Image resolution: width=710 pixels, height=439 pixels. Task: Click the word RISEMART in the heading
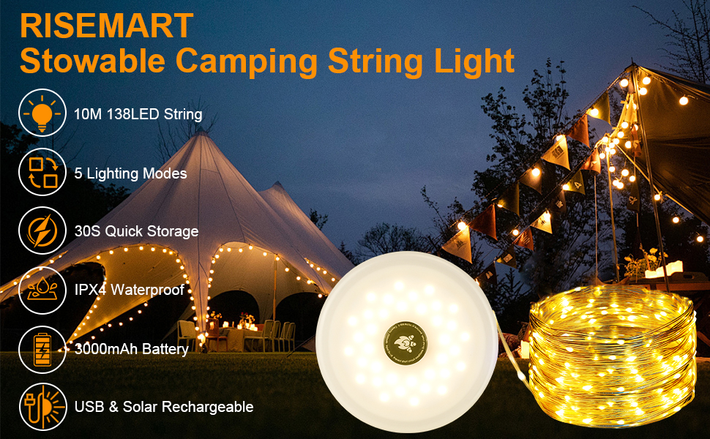point(107,26)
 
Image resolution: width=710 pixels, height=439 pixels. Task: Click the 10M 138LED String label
point(138,115)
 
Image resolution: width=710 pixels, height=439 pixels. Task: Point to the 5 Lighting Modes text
point(130,173)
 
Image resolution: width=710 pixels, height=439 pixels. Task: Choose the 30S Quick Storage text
point(136,231)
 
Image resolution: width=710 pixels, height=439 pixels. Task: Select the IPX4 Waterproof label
point(129,290)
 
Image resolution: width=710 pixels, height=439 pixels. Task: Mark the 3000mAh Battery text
point(132,349)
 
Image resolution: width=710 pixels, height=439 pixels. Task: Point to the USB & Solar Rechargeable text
point(164,407)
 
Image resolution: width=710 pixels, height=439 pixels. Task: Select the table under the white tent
point(233,336)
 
